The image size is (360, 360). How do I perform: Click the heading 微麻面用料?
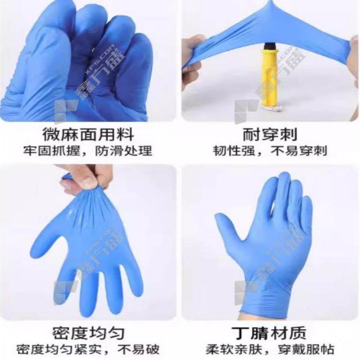[88, 134]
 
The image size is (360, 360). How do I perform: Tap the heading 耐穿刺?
[270, 134]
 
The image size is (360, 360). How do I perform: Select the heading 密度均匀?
[88, 333]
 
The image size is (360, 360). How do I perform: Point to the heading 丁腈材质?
[269, 333]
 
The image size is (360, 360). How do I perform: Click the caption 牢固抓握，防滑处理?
[87, 151]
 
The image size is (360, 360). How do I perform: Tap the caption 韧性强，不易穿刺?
[270, 151]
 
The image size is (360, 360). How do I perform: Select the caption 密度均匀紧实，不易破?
[87, 349]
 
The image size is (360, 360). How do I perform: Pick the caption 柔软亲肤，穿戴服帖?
[270, 349]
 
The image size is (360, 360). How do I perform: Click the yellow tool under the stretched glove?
[272, 76]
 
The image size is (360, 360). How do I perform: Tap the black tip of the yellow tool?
[271, 46]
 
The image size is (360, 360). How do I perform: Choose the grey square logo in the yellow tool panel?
[245, 112]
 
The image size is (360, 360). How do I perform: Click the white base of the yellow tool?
[273, 108]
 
